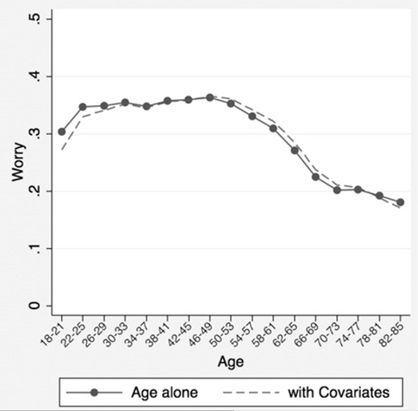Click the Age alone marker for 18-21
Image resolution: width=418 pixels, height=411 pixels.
(62, 132)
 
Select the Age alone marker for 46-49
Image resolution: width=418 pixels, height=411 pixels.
(210, 98)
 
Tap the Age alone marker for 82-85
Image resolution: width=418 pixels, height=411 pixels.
(401, 202)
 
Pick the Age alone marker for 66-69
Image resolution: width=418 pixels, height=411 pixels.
(316, 177)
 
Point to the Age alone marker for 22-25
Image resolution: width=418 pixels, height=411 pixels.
(83, 107)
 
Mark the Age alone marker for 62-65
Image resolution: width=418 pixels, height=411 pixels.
(295, 150)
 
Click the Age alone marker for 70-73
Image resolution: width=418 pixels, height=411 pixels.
(337, 190)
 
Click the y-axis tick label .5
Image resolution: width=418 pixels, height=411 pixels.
(35, 18)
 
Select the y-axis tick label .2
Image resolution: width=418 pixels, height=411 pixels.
(35, 191)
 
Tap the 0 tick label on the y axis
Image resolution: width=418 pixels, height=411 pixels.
(35, 306)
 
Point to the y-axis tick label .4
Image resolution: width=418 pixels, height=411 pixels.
(35, 76)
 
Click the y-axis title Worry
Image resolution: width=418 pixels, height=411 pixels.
(17, 162)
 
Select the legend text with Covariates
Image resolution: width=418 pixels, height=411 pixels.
(334, 392)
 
